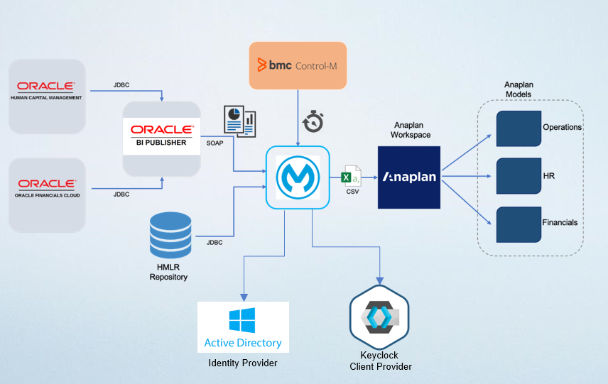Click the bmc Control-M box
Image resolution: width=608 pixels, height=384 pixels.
point(298,65)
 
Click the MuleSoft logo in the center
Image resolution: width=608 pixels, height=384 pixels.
point(298,177)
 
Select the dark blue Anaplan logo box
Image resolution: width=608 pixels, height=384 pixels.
point(408,177)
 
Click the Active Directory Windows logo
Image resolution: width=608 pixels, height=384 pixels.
point(243,321)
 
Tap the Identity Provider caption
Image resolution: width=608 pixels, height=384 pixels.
point(242,363)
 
